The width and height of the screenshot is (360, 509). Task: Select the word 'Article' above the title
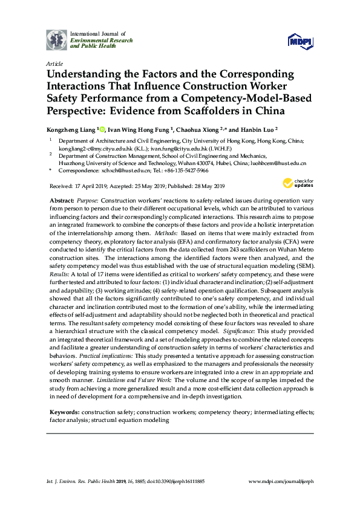click(54, 63)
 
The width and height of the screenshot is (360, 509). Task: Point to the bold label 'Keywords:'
click(65, 411)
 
